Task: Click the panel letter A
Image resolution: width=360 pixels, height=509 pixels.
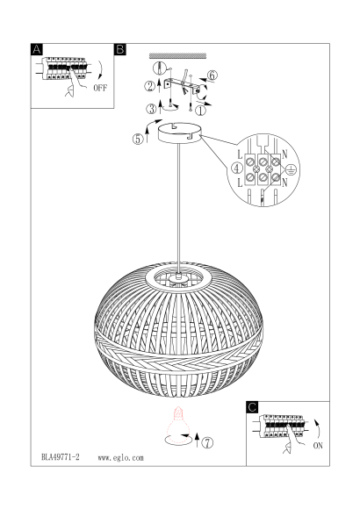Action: (37, 49)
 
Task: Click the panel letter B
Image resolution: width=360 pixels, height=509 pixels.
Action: (120, 49)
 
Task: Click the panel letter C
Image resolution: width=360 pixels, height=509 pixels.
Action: (252, 407)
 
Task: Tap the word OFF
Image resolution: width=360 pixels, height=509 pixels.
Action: (100, 88)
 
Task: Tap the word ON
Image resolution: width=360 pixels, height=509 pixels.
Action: (318, 446)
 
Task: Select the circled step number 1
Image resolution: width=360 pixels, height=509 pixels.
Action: (200, 111)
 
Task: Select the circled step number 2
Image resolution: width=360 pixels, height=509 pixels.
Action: (150, 86)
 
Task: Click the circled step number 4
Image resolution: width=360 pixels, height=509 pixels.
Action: (237, 168)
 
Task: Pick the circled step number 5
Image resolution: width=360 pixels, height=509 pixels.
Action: (138, 139)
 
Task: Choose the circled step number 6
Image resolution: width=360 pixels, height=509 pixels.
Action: (212, 75)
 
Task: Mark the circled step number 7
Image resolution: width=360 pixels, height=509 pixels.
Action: (208, 442)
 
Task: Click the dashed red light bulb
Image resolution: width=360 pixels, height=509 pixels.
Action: (177, 425)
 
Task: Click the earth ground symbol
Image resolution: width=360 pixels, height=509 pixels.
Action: (292, 169)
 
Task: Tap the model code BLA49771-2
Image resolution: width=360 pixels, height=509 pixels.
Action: (61, 457)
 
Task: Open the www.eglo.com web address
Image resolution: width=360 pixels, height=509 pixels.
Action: (120, 458)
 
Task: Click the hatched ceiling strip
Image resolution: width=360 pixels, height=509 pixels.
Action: (177, 56)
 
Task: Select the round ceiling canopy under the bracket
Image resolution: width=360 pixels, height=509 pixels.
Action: (179, 133)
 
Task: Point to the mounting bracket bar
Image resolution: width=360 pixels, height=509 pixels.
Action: (181, 87)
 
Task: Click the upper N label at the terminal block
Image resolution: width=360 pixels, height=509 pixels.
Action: (284, 154)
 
